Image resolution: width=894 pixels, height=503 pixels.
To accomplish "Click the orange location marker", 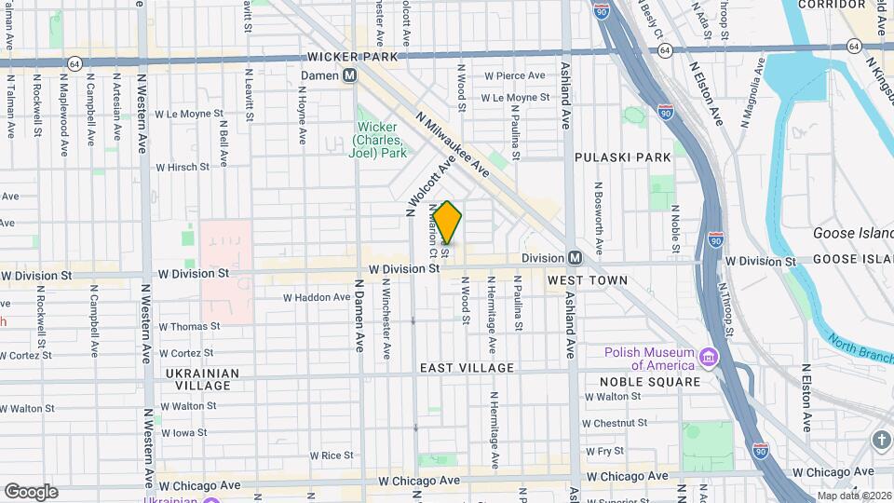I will (x=448, y=223).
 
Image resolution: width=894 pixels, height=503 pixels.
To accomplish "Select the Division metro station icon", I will (x=576, y=258).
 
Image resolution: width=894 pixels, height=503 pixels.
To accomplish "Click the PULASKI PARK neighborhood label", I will (x=623, y=157).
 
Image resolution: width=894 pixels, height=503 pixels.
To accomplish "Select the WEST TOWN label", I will (x=587, y=279).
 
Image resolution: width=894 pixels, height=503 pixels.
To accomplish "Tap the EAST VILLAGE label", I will (x=467, y=368).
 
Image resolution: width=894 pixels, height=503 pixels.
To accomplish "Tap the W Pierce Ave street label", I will (x=514, y=75).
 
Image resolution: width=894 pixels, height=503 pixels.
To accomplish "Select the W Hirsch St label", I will (x=183, y=168).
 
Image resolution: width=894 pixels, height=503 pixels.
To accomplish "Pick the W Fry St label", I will (x=606, y=451).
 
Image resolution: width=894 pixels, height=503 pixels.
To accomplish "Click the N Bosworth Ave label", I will (x=600, y=218).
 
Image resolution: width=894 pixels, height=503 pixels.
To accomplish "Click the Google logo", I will (x=31, y=491).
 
